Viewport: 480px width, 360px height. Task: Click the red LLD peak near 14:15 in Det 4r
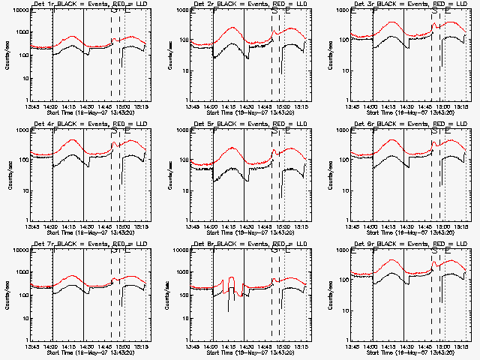(x=76, y=140)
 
